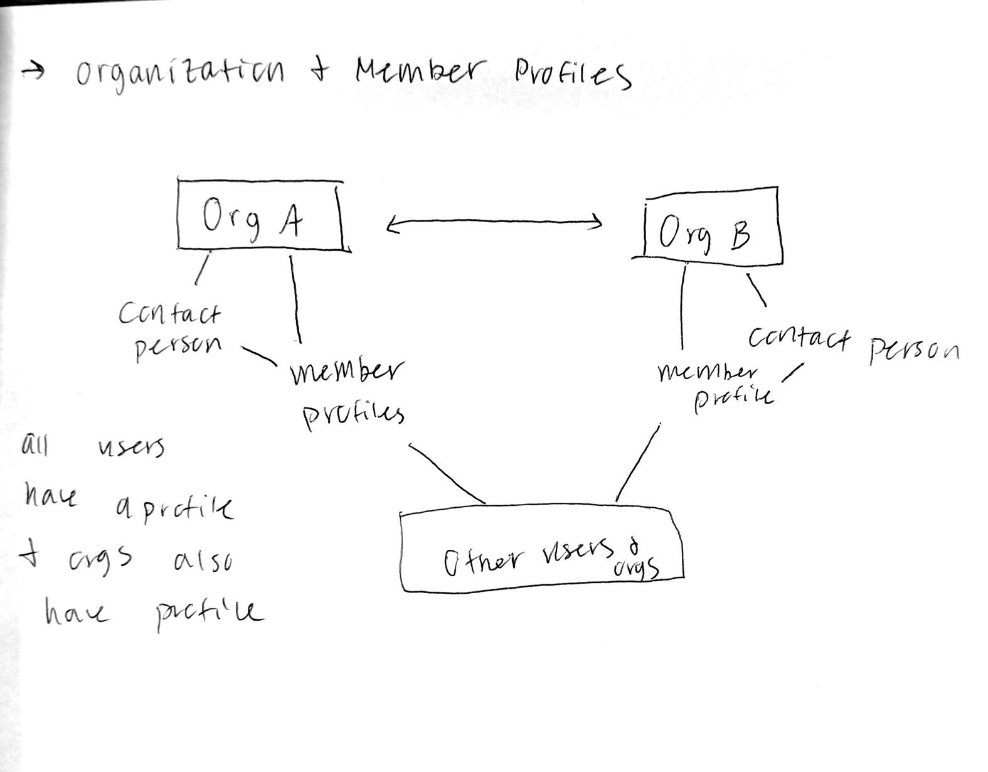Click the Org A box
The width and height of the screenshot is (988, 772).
pyautogui.click(x=260, y=215)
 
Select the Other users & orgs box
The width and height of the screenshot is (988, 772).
pyautogui.click(x=541, y=550)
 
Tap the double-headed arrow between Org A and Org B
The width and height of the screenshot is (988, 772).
pyautogui.click(x=494, y=222)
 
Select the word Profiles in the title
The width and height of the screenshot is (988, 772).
pyautogui.click(x=572, y=74)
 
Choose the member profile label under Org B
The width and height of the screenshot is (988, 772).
pyautogui.click(x=715, y=384)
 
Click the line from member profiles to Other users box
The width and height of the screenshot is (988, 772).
pyautogui.click(x=446, y=473)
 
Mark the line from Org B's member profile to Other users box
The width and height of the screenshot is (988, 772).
pyautogui.click(x=638, y=463)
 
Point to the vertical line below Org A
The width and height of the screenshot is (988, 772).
pyautogui.click(x=295, y=298)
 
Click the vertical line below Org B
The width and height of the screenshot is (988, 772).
pyautogui.click(x=683, y=306)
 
